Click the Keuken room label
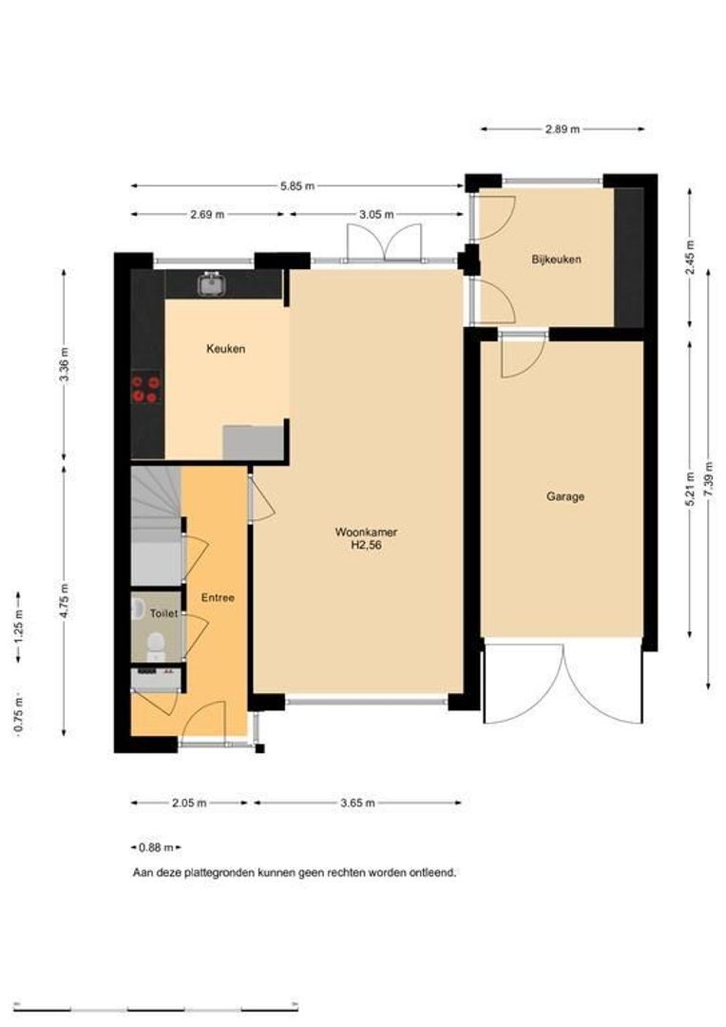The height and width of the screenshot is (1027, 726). pyautogui.click(x=226, y=349)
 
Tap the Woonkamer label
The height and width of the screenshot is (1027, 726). pyautogui.click(x=366, y=532)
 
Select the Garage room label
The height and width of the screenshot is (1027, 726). pyautogui.click(x=565, y=496)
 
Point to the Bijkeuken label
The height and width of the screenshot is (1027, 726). pyautogui.click(x=557, y=260)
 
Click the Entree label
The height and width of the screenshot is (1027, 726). pyautogui.click(x=218, y=597)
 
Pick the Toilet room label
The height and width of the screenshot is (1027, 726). pyautogui.click(x=163, y=613)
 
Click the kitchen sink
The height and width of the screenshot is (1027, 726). pyautogui.click(x=212, y=284)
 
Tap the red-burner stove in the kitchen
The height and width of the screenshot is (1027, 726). pyautogui.click(x=145, y=388)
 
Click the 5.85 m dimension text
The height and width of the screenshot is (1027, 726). pyautogui.click(x=297, y=186)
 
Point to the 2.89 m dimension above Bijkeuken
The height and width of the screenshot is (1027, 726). pyautogui.click(x=563, y=129)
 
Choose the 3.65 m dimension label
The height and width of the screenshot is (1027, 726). pyautogui.click(x=358, y=803)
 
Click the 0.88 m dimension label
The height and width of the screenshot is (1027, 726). pyautogui.click(x=156, y=847)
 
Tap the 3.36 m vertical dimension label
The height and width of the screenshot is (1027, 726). pyautogui.click(x=65, y=365)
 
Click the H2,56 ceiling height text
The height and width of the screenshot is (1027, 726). pyautogui.click(x=366, y=545)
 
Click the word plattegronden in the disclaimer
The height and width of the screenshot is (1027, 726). pyautogui.click(x=220, y=873)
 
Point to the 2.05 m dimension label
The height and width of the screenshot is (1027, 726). pyautogui.click(x=189, y=803)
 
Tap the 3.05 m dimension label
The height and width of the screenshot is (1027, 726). pyautogui.click(x=376, y=214)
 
